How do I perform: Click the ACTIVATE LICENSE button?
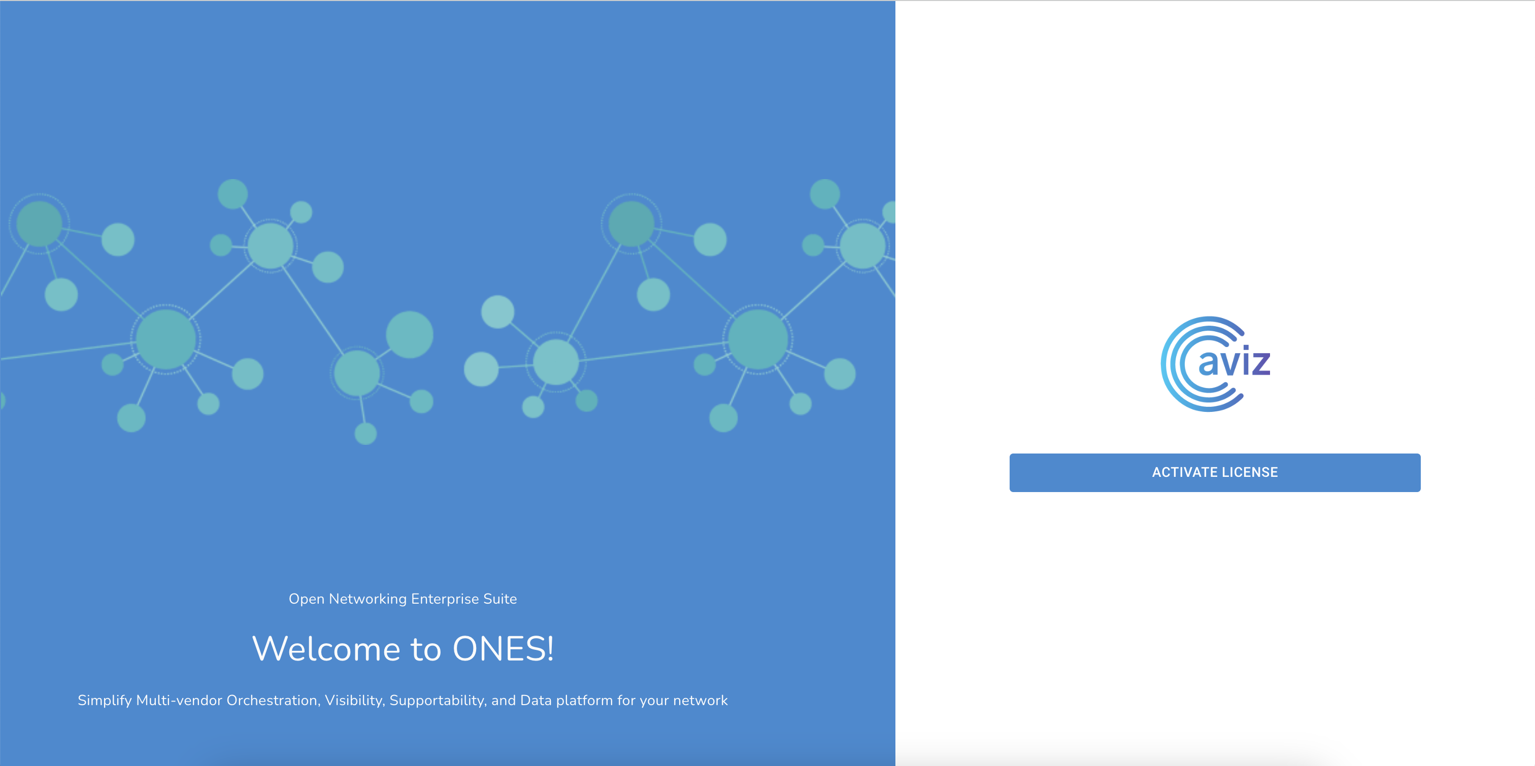(1214, 472)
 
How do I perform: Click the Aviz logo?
(1216, 364)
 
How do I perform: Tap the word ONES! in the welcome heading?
(504, 649)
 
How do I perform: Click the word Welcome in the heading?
(326, 649)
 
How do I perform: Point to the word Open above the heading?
(306, 599)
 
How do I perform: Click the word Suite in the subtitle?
(500, 599)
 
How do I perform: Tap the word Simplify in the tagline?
(104, 701)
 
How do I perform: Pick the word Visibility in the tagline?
(354, 701)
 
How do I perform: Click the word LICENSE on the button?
(1248, 472)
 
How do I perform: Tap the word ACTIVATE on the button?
(1182, 472)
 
